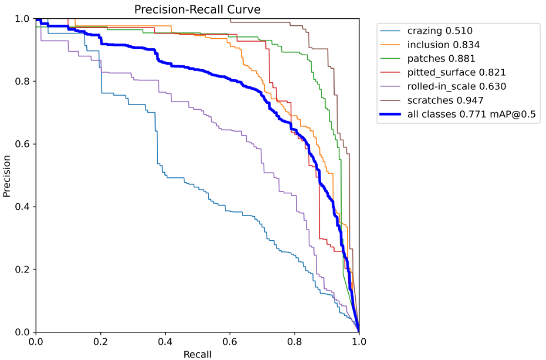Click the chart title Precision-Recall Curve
pyautogui.click(x=197, y=9)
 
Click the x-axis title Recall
pyautogui.click(x=197, y=354)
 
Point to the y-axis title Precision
pyautogui.click(x=7, y=176)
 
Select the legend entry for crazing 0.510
pyautogui.click(x=440, y=31)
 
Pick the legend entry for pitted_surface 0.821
pyautogui.click(x=456, y=72)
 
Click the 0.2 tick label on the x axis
pyautogui.click(x=100, y=341)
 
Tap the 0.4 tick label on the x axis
pyautogui.click(x=165, y=341)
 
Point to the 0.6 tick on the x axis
pyautogui.click(x=230, y=341)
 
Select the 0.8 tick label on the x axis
pyautogui.click(x=294, y=341)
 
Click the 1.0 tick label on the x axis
pyautogui.click(x=359, y=341)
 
